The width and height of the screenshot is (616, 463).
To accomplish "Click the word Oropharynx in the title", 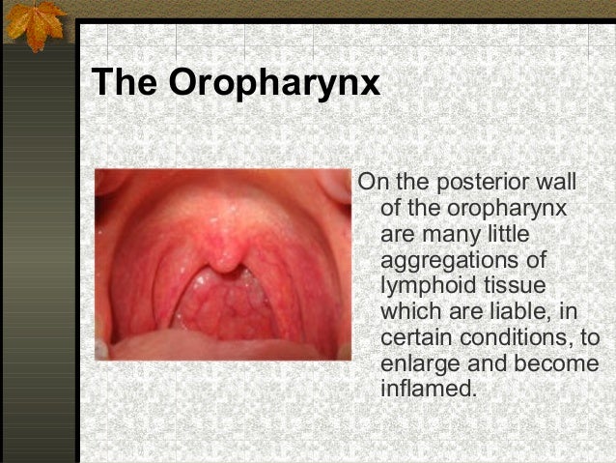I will [x=273, y=83].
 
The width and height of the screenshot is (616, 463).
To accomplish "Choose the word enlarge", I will [x=421, y=365].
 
